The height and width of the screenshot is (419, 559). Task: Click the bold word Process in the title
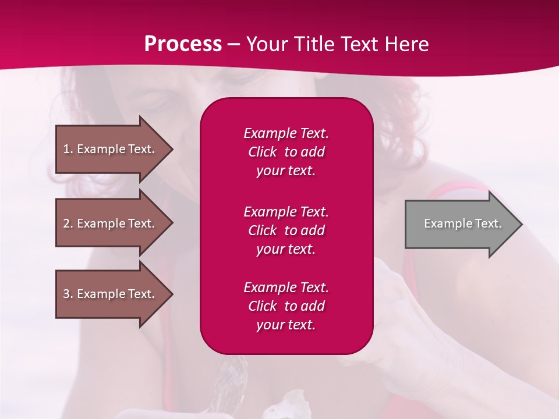183,44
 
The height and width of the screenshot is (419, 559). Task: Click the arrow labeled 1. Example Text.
111,149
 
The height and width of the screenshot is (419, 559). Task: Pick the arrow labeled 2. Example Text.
111,223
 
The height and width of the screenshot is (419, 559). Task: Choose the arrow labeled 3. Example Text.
111,294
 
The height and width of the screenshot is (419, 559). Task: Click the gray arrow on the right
460,223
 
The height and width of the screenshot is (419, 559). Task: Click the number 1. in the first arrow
68,149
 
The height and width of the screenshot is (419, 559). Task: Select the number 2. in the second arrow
68,223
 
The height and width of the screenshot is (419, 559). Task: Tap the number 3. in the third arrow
68,294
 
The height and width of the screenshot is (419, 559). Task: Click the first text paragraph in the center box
286,152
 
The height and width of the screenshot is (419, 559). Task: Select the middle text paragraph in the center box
286,230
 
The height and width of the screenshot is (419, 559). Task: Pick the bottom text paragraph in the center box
286,306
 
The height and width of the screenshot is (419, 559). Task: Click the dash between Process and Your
233,44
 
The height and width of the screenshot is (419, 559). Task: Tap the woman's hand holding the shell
402,297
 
